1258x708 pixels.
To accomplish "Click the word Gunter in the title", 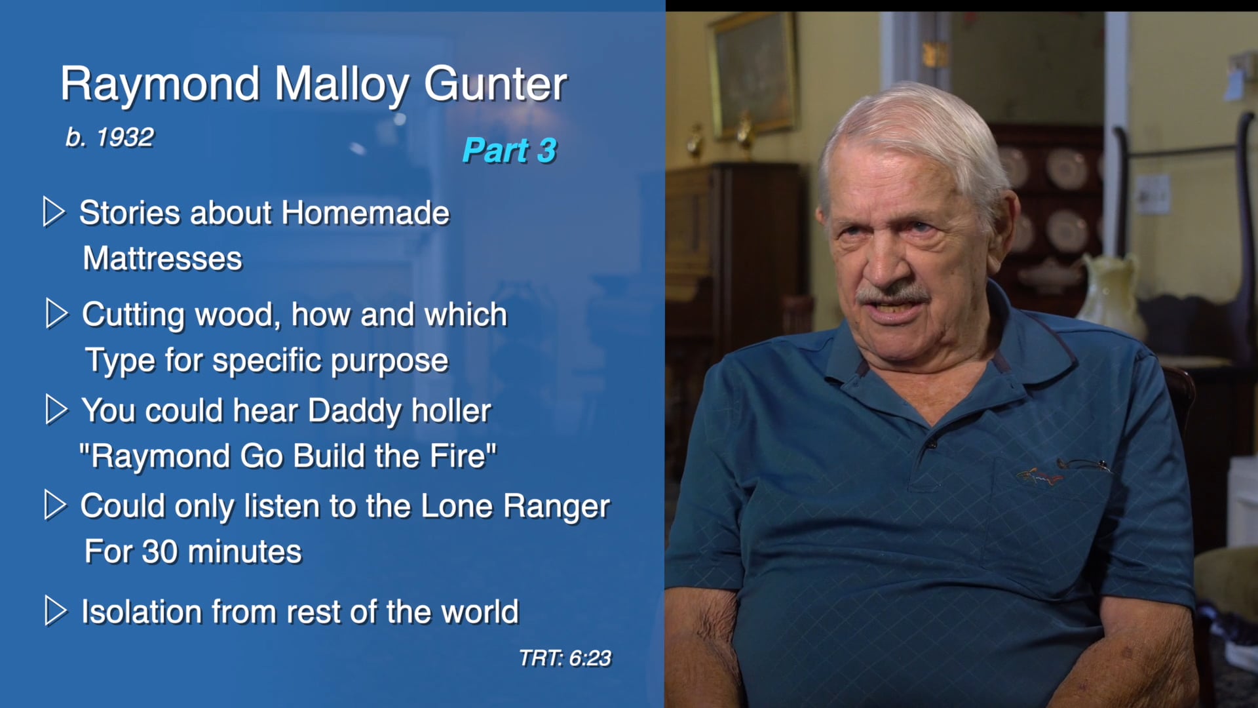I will (495, 85).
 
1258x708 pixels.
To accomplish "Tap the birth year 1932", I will (124, 138).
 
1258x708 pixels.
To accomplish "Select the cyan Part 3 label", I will (509, 150).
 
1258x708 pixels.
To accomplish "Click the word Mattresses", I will (162, 258).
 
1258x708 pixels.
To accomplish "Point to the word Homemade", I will (365, 213).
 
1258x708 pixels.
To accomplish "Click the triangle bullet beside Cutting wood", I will (57, 314).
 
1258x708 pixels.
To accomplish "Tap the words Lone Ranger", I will (515, 506).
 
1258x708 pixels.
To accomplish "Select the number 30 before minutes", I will (159, 552).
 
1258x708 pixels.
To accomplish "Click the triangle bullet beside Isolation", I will (56, 611).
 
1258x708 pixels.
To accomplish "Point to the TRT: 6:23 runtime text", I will (565, 658).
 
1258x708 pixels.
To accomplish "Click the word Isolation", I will (142, 612).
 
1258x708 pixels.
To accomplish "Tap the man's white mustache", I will (892, 292).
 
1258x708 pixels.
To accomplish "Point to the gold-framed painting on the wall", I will (753, 72).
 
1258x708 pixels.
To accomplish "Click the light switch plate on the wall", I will (1153, 194).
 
